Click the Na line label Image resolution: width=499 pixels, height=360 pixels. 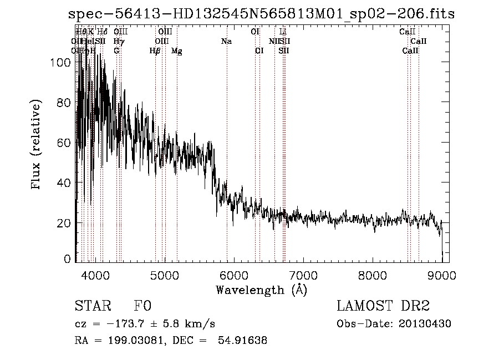226,41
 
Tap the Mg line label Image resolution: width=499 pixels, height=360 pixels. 177,51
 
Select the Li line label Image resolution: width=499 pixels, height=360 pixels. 283,32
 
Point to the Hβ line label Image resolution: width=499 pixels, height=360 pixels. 155,51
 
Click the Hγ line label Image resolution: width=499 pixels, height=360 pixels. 118,41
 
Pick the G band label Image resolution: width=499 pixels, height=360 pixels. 116,50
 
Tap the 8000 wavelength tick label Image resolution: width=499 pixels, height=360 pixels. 373,275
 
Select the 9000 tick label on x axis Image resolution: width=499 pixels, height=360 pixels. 442,275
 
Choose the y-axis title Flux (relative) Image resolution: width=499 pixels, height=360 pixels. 37,145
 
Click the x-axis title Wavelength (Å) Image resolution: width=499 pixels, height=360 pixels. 261,290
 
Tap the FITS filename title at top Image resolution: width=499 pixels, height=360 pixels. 261,14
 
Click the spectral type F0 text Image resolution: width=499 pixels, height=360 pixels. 143,306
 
